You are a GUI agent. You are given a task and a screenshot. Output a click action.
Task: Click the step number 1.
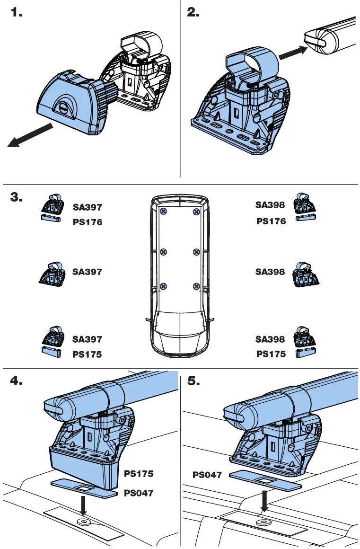[x=17, y=13]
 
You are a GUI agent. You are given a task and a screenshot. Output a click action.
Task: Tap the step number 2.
[x=193, y=13]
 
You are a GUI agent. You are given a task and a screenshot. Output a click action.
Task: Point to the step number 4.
[x=17, y=381]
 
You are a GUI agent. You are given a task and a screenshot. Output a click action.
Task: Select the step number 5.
[x=193, y=381]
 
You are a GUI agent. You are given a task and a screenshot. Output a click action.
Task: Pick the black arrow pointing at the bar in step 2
[x=292, y=53]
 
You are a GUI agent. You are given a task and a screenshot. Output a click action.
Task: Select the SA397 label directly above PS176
[x=87, y=207]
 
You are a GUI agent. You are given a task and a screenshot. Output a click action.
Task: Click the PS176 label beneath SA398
[x=271, y=221]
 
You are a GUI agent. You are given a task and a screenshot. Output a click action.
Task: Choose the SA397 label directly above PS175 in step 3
[x=87, y=339]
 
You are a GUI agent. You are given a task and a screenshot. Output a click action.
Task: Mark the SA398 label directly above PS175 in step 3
[x=270, y=339]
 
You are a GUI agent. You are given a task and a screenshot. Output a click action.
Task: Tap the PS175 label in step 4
[x=139, y=473]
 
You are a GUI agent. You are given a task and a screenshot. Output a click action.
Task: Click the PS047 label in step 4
[x=139, y=493]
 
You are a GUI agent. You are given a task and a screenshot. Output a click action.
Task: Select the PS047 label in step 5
[x=207, y=475]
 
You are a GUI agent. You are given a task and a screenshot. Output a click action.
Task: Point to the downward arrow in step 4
[x=84, y=505]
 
